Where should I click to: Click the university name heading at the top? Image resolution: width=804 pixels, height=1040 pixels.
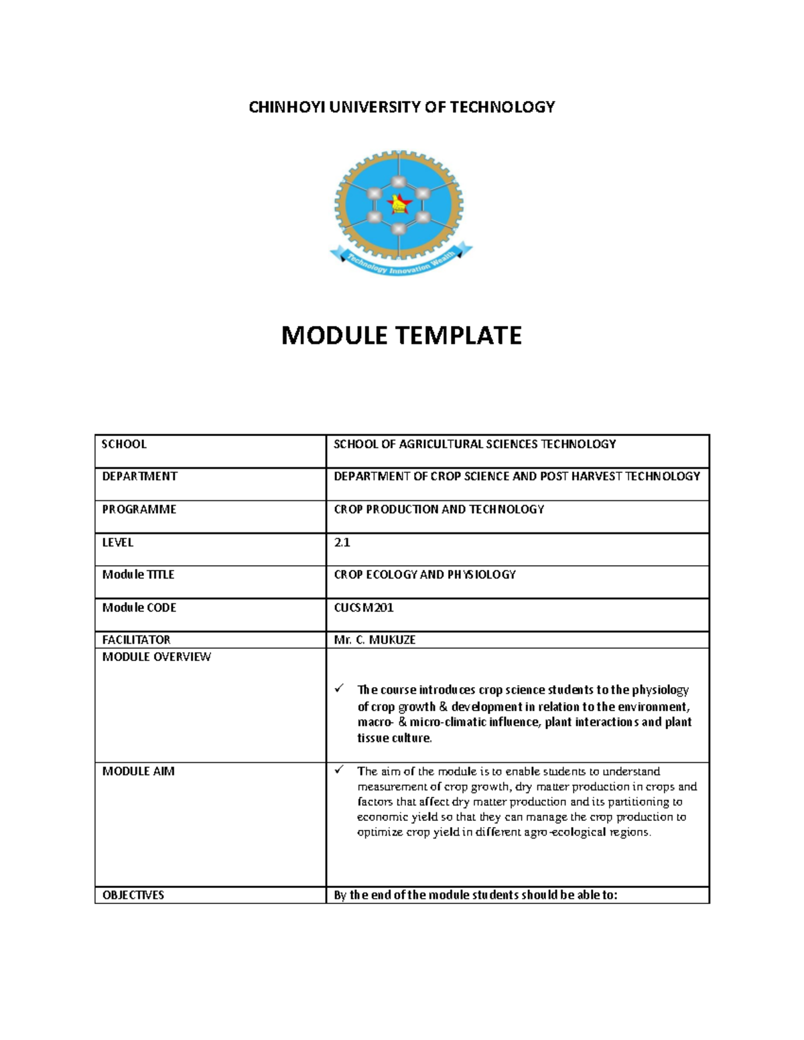pos(401,107)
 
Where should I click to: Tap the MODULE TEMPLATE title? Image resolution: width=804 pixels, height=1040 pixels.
pos(401,335)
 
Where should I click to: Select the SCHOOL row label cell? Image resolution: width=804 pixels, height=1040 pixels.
pos(124,444)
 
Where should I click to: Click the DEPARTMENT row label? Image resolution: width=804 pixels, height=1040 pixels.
pos(139,476)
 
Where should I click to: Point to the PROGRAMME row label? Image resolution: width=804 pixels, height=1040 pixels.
pos(139,509)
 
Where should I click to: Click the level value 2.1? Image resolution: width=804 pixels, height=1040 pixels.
pos(342,542)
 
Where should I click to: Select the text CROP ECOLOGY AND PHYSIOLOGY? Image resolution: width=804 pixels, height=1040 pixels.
pos(425,575)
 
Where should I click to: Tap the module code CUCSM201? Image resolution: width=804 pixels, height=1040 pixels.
pos(363,607)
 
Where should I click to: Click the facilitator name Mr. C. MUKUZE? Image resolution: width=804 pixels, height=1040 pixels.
pos(375,640)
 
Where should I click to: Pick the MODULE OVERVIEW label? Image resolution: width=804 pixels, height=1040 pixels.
pos(156,657)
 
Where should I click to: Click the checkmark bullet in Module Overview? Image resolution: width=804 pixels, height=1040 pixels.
pos(340,688)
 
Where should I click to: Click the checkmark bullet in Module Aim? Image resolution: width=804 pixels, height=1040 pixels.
pos(340,770)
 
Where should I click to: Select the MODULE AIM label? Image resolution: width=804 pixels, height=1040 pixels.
pos(138,771)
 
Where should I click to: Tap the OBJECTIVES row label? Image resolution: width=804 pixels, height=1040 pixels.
pos(133,895)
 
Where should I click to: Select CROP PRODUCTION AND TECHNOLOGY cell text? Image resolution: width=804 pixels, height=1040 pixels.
pos(439,509)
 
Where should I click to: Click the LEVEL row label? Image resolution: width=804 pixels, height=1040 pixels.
pos(117,542)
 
